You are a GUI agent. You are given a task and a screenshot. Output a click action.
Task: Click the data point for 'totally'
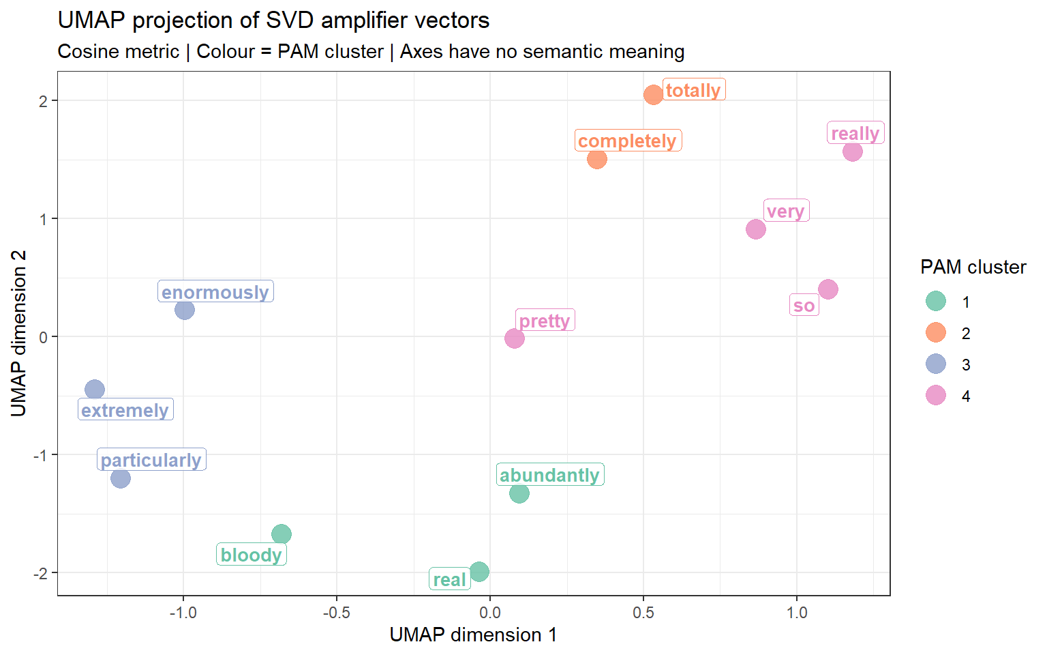click(x=653, y=95)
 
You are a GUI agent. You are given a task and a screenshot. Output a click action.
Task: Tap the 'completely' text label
click(x=627, y=141)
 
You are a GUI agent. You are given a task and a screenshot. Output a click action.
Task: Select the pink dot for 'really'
click(x=852, y=151)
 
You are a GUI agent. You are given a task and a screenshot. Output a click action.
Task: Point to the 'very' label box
click(x=785, y=211)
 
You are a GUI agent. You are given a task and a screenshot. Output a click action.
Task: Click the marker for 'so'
click(x=828, y=289)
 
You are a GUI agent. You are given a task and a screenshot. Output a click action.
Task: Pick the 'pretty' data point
click(x=515, y=338)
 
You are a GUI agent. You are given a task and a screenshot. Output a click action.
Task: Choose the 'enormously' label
click(x=215, y=292)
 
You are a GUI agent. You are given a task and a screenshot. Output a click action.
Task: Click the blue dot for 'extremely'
click(x=95, y=390)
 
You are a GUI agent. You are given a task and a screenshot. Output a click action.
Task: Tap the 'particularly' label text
click(x=151, y=460)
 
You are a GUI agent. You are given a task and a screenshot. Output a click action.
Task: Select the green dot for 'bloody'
click(x=282, y=534)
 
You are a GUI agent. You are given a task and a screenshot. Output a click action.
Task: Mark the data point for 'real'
click(x=479, y=572)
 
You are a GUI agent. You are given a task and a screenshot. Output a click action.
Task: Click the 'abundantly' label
click(x=549, y=475)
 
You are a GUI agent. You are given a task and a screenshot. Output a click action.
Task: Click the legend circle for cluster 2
click(x=936, y=332)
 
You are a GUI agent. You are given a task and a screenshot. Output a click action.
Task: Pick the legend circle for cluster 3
click(x=936, y=364)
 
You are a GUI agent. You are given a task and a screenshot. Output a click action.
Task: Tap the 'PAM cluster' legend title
click(x=973, y=267)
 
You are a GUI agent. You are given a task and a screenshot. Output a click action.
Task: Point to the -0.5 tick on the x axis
click(x=336, y=613)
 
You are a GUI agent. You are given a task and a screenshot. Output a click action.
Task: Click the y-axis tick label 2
click(x=44, y=101)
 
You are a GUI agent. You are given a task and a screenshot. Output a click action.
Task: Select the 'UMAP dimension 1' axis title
click(x=473, y=635)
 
